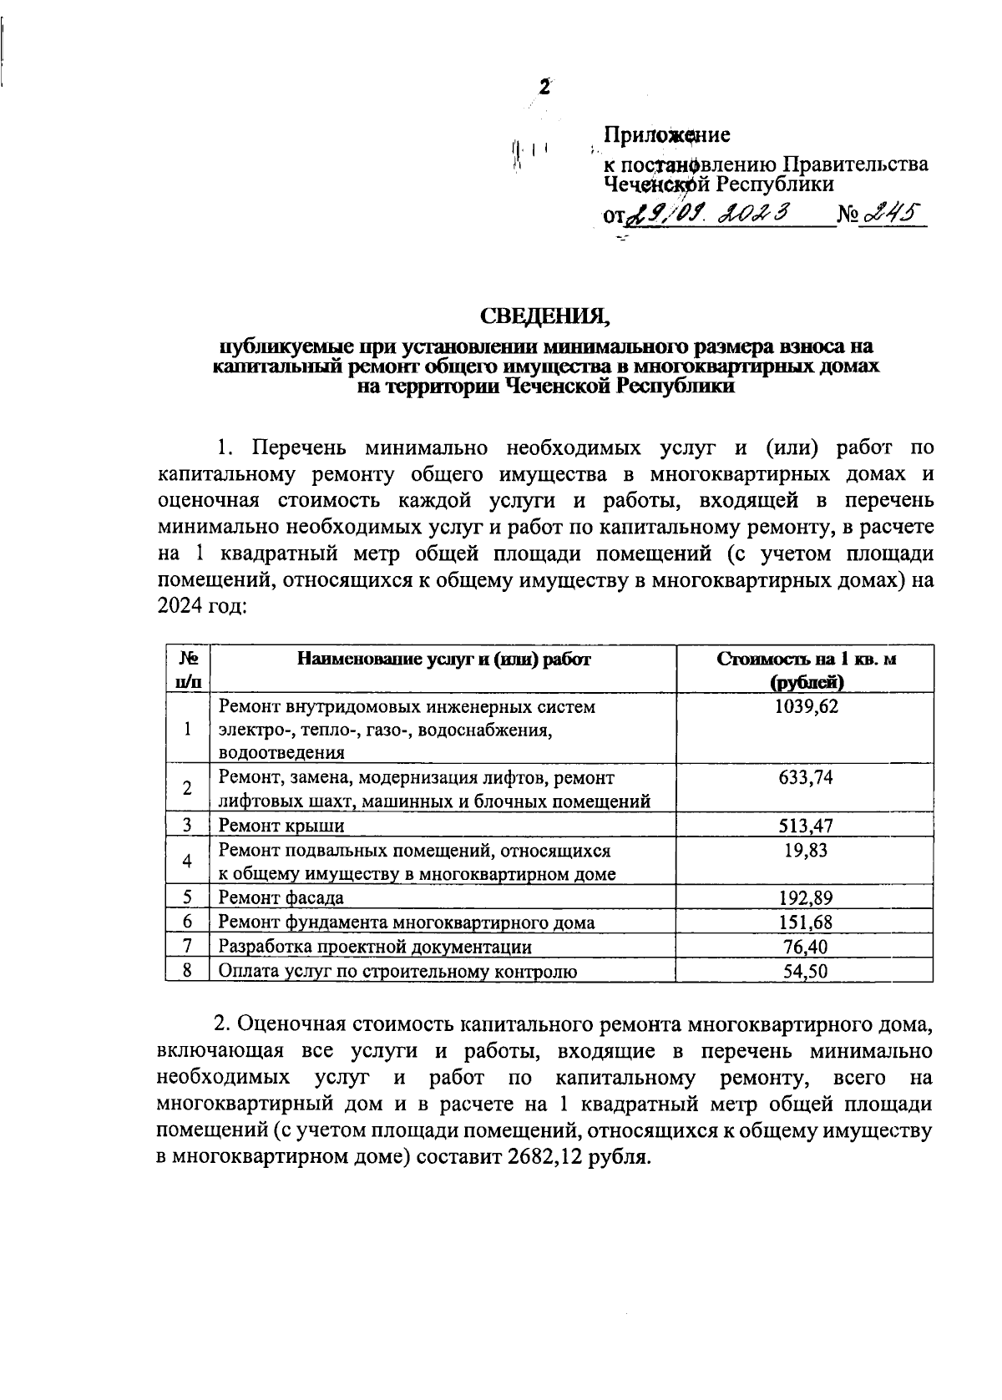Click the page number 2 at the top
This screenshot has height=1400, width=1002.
tap(545, 87)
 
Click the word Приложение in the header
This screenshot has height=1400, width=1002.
tap(667, 134)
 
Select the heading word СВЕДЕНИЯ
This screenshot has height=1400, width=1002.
tap(545, 316)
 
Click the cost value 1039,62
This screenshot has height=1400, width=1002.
tap(805, 707)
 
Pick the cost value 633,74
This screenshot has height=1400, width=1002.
tap(805, 778)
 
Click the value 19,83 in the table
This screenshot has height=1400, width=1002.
tap(805, 851)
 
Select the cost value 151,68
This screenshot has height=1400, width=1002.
tap(805, 922)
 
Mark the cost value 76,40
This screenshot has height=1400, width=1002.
tap(805, 947)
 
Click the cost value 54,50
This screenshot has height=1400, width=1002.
tap(805, 971)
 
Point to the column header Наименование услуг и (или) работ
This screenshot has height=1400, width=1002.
tap(443, 660)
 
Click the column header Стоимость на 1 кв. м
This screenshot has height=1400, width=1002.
tap(806, 660)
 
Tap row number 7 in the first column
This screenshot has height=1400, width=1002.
tap(188, 946)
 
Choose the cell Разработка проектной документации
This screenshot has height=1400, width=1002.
tap(375, 947)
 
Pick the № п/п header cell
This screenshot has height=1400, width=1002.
tap(188, 670)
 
